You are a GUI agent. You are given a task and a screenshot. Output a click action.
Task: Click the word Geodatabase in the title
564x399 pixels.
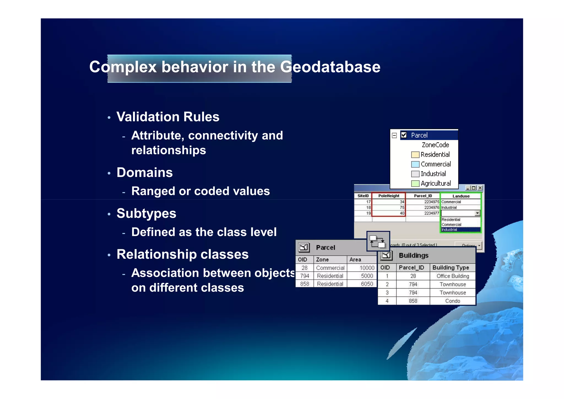pos(330,67)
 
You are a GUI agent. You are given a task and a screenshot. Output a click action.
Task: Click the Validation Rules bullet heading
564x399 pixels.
pos(168,117)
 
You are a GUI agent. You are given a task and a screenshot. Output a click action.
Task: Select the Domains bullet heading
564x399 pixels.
pos(145,173)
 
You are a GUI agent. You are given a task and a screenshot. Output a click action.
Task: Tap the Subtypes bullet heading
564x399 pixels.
pos(146,213)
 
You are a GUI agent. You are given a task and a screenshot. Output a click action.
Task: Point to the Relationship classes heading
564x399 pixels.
pos(182,254)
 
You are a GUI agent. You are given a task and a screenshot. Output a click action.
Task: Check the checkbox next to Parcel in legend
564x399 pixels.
pos(404,135)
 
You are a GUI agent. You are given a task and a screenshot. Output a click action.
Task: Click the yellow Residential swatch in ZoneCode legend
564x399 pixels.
pos(415,155)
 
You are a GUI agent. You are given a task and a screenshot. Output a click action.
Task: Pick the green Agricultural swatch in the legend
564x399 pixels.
pos(415,184)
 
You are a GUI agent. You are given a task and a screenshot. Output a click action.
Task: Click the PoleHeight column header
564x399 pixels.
pos(389,196)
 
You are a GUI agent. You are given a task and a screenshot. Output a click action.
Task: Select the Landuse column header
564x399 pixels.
pos(461,196)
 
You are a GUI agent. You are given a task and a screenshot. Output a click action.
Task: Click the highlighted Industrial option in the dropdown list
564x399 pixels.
pos(460,229)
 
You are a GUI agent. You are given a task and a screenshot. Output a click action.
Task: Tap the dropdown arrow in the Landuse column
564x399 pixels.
pos(477,213)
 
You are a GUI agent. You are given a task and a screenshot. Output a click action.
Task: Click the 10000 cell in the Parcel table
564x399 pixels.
pos(367,268)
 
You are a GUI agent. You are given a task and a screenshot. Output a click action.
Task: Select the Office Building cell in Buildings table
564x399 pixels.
pos(452,276)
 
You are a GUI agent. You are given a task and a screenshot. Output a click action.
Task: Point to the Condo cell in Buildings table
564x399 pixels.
pos(452,301)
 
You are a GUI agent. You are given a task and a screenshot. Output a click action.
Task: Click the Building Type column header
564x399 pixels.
pos(451,267)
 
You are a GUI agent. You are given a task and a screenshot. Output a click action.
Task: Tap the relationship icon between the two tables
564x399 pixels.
pos(378,241)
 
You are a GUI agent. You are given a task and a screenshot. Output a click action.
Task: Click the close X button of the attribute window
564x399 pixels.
pos(480,188)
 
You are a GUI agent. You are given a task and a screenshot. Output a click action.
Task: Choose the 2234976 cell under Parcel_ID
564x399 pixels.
pos(431,207)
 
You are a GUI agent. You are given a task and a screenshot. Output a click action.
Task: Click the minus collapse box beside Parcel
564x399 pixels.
pos(394,135)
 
